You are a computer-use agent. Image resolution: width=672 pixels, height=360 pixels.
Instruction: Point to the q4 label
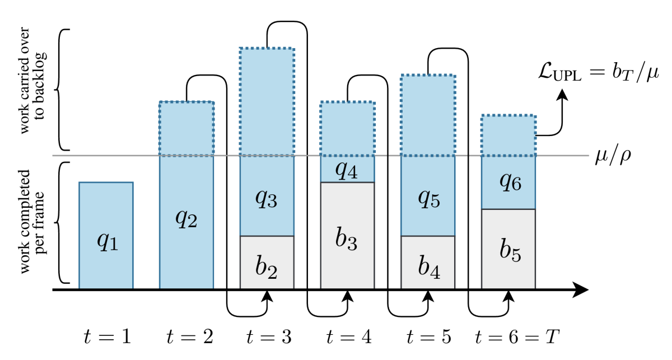coord(347,169)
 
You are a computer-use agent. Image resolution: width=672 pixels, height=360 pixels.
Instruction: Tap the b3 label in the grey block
coord(347,240)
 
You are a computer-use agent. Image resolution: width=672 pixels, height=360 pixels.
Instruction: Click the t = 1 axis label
coord(106,336)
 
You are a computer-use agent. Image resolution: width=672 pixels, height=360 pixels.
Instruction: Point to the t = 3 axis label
coord(267,336)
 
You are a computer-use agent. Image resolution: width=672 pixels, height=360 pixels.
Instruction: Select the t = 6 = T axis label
coord(517,336)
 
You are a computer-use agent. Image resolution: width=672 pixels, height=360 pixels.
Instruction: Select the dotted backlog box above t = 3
coord(267,101)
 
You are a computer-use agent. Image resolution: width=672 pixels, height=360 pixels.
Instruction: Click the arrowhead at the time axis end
coord(582,290)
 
